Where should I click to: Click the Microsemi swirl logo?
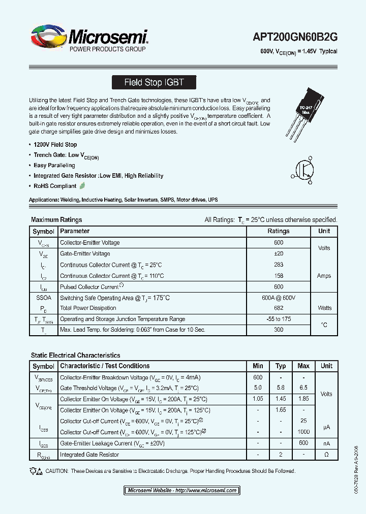[49, 38]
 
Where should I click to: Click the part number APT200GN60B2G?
[295, 37]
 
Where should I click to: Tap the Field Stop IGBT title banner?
[154, 82]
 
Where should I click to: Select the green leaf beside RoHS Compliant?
[82, 186]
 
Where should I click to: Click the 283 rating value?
[278, 265]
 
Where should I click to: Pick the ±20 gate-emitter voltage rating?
[278, 253]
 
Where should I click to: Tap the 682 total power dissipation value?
[278, 308]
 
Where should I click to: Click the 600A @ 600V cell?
[278, 298]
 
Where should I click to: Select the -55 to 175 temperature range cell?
[278, 319]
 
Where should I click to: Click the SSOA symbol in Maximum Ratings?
[43, 298]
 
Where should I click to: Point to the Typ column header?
[281, 366]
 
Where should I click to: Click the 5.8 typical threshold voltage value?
[281, 388]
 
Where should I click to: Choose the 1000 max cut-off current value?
[303, 432]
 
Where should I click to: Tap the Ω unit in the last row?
[326, 455]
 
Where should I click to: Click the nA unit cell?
[326, 443]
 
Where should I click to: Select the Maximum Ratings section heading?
[56, 220]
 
